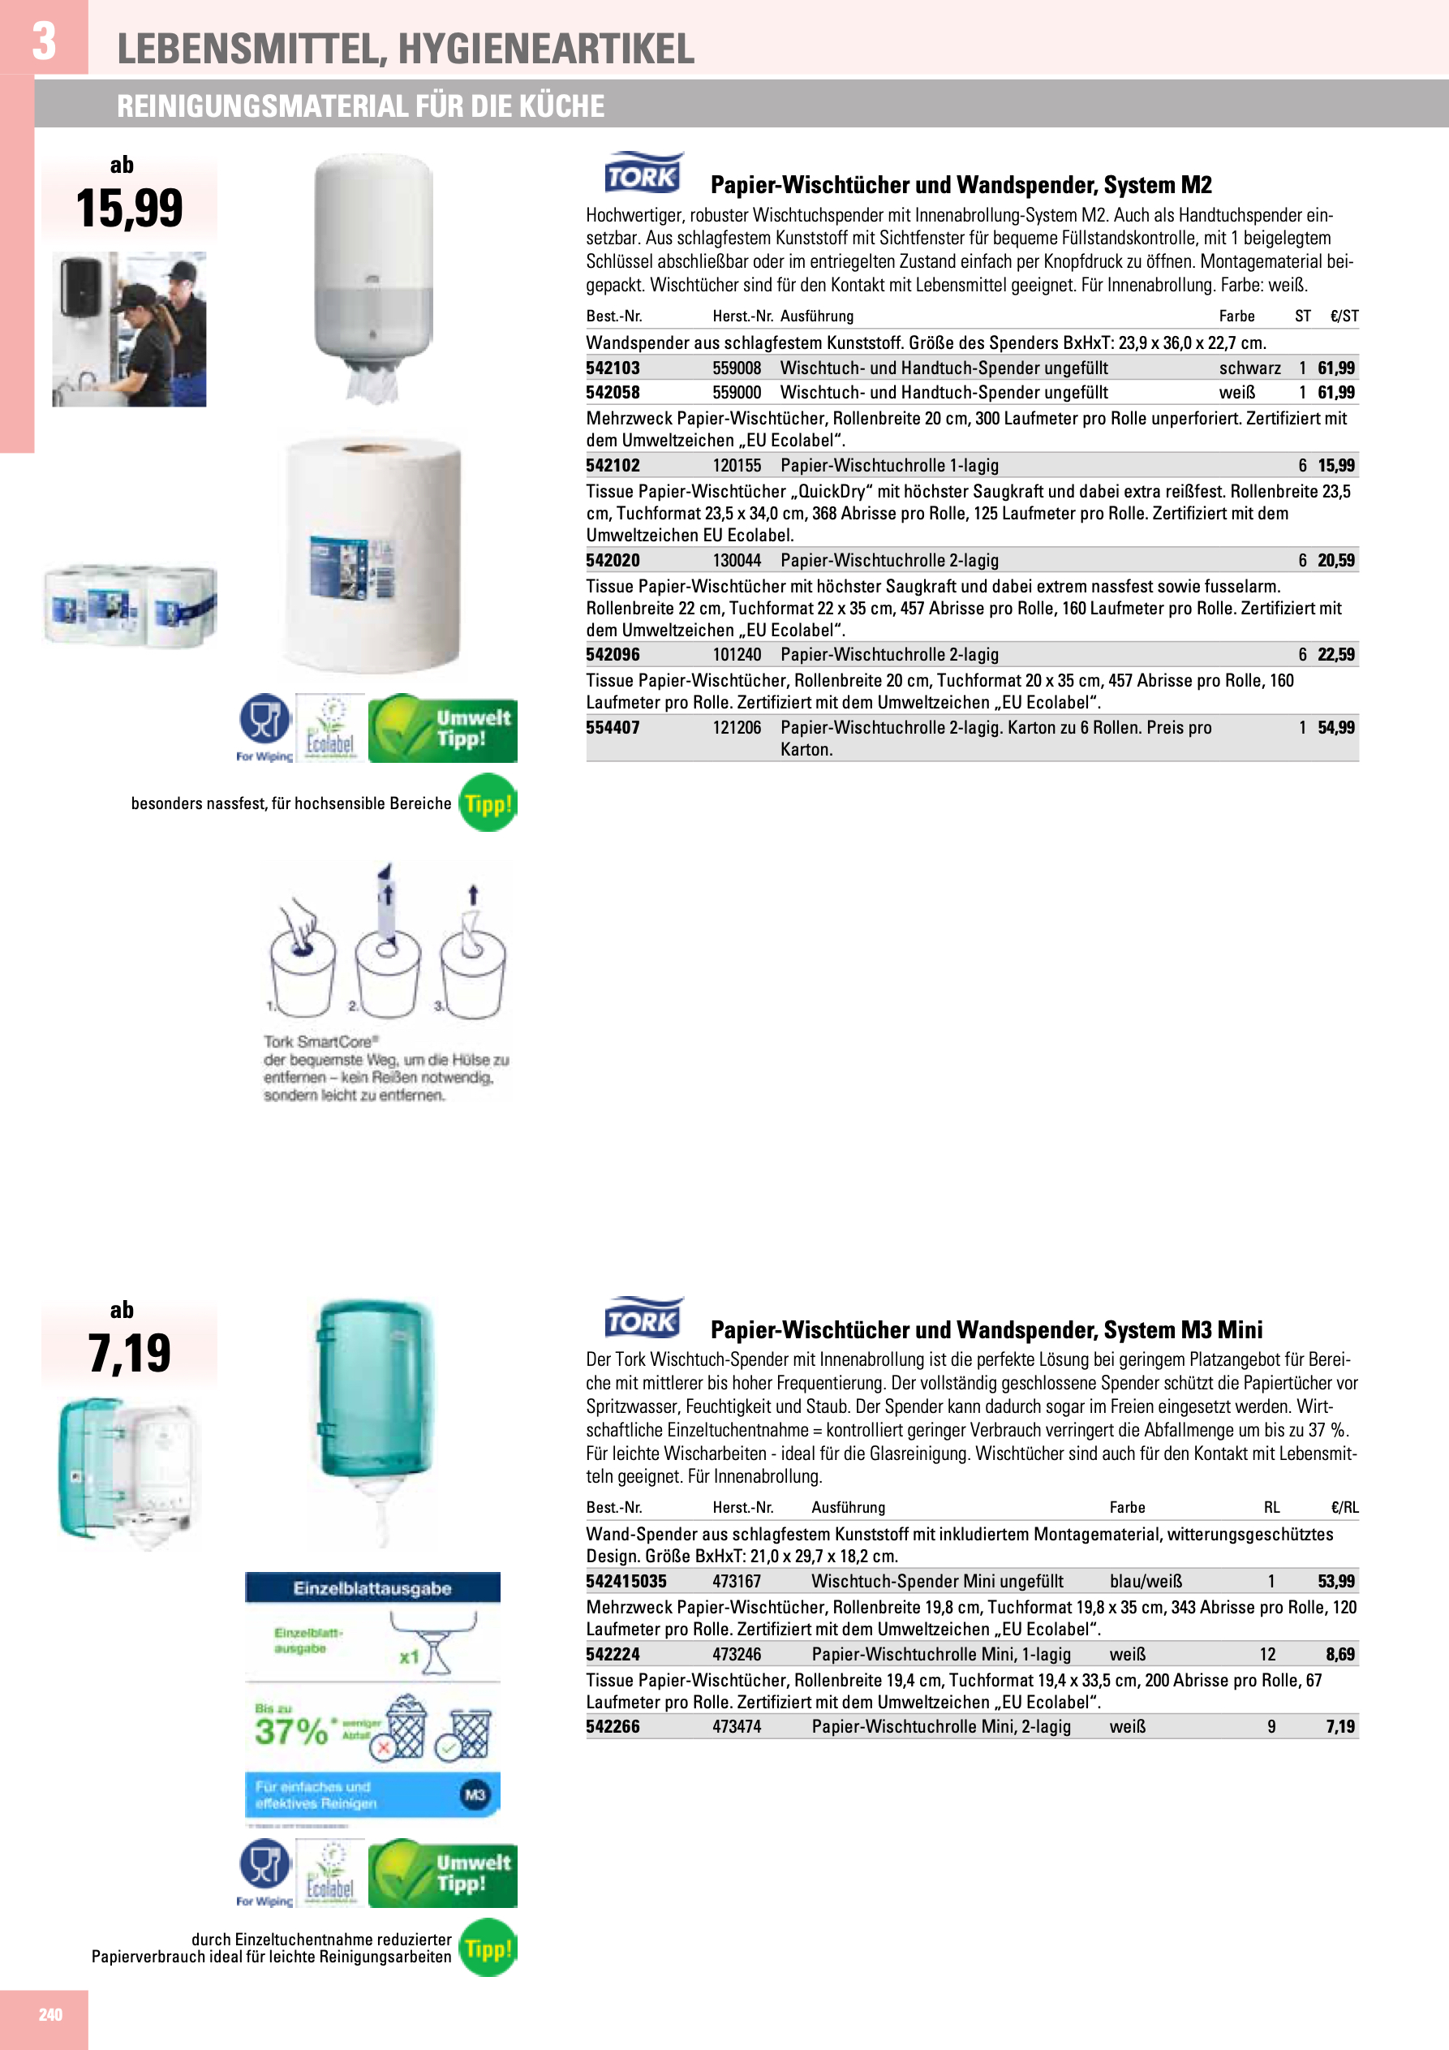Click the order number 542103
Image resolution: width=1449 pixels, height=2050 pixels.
(613, 368)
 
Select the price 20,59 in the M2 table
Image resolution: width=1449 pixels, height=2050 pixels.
(1335, 561)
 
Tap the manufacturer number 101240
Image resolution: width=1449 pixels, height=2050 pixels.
(737, 654)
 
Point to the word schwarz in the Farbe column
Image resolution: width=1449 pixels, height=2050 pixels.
(1249, 368)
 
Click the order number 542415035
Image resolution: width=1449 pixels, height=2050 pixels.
(626, 1581)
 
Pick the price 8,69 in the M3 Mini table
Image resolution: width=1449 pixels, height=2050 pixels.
(1339, 1655)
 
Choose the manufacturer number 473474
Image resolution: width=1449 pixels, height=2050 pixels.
(737, 1727)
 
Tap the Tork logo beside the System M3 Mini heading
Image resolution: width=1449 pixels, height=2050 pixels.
(642, 1319)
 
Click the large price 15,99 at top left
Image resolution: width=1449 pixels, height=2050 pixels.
(130, 208)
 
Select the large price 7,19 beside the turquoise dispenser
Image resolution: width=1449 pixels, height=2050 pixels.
(130, 1354)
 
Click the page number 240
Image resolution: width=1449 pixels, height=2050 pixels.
(50, 2014)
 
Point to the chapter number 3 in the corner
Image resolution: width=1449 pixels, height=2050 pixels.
(44, 41)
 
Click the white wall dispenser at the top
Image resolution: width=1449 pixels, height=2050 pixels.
(373, 268)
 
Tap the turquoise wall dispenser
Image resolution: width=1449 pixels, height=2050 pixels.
(375, 1402)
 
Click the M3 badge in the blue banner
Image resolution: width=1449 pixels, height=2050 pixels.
(475, 1794)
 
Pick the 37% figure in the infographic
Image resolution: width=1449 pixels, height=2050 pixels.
(291, 1731)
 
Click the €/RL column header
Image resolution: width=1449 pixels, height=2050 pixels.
(1344, 1507)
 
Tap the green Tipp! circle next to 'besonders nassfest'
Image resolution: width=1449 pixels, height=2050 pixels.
(488, 803)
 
